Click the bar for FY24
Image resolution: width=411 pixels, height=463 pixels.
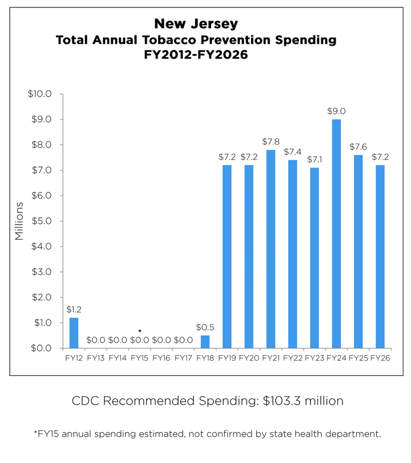pyautogui.click(x=336, y=234)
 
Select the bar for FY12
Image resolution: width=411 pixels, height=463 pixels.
pyautogui.click(x=74, y=333)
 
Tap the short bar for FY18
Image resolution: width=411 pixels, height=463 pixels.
pyautogui.click(x=205, y=342)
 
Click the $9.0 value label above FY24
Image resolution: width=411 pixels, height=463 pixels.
pyautogui.click(x=336, y=111)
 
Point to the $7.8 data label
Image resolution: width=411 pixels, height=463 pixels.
pyautogui.click(x=271, y=141)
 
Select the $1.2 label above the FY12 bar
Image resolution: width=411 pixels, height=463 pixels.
pyautogui.click(x=74, y=309)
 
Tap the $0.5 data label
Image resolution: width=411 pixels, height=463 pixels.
pyautogui.click(x=205, y=327)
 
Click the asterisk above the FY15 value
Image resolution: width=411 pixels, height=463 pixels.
pyautogui.click(x=139, y=331)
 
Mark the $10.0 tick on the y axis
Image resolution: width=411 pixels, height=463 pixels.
pyautogui.click(x=40, y=94)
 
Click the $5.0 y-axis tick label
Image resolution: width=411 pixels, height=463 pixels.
pyautogui.click(x=41, y=221)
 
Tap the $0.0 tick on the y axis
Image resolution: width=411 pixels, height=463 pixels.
pyautogui.click(x=41, y=348)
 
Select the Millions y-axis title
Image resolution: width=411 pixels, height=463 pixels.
pyautogui.click(x=19, y=221)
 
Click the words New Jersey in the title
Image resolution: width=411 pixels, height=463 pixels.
pyautogui.click(x=196, y=25)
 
